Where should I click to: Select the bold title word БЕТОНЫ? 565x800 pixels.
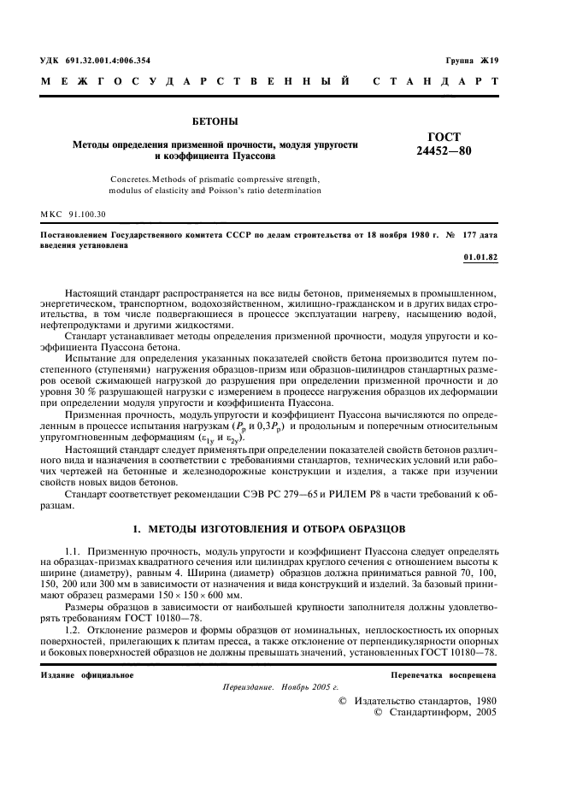[216, 123]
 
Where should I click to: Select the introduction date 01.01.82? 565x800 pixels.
[480, 256]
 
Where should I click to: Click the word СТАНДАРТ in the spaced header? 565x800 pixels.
[434, 83]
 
